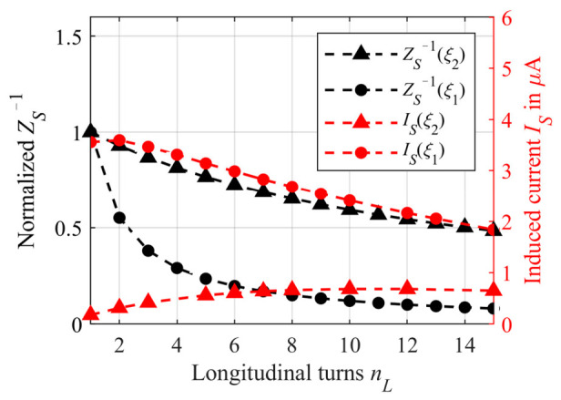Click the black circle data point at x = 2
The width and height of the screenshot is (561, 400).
[118, 218]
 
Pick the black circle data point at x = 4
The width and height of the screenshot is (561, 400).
[177, 268]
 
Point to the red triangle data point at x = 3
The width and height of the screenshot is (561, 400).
[148, 302]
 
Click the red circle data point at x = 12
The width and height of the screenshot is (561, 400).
[407, 213]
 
